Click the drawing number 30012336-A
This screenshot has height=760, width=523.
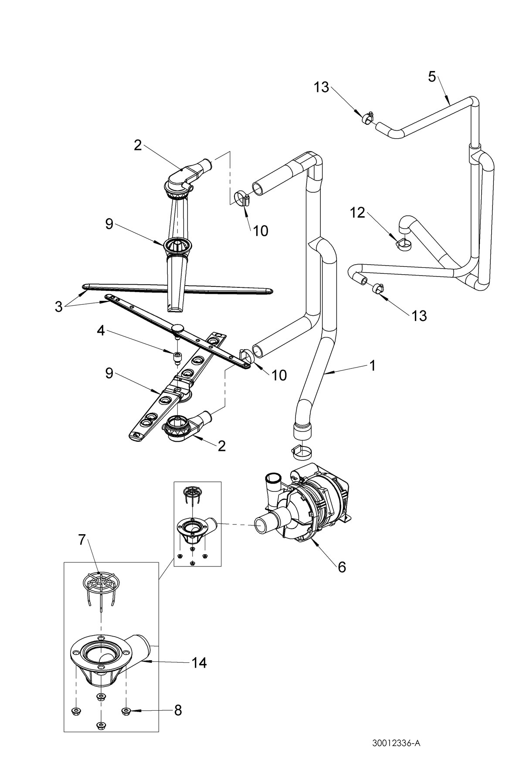[396, 743]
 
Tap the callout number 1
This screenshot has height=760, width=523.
[371, 365]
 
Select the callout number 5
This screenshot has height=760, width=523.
[431, 77]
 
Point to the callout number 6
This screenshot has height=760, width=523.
[341, 567]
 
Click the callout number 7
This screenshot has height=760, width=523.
[82, 539]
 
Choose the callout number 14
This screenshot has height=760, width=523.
[199, 663]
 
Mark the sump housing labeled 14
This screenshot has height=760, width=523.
[109, 654]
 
